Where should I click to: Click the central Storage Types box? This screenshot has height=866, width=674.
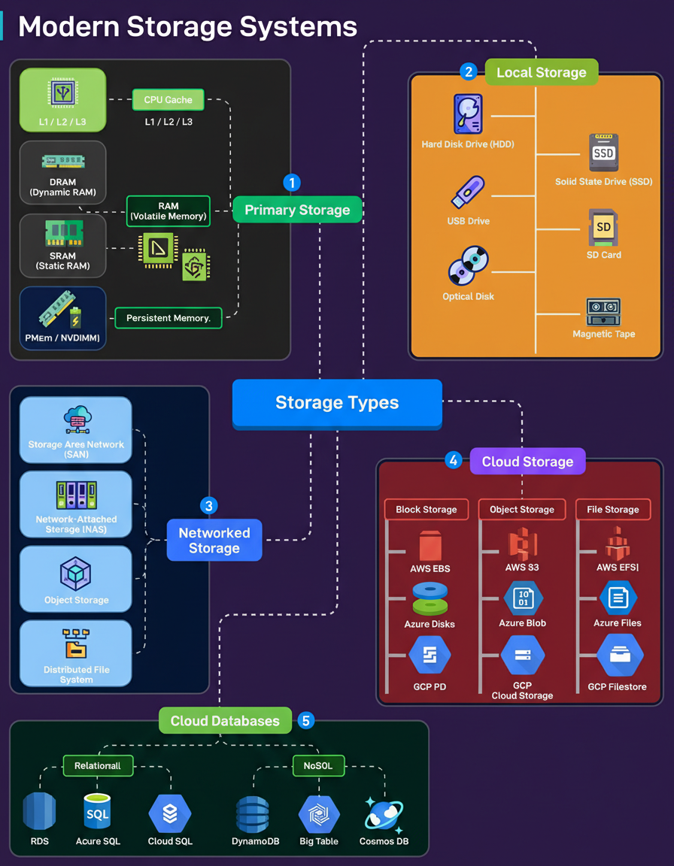336,403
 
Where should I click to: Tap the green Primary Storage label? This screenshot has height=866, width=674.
297,210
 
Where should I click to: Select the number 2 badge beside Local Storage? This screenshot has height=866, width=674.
469,72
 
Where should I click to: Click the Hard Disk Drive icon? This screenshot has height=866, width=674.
468,114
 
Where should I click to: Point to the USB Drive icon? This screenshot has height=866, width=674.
468,192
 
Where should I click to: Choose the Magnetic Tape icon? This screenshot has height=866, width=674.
603,311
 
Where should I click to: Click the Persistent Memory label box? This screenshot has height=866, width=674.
168,318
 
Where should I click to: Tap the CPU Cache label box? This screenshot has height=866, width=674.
168,100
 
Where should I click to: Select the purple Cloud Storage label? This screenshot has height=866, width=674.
527,462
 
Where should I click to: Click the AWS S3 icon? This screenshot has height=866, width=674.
522,543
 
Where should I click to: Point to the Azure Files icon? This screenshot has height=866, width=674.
618,598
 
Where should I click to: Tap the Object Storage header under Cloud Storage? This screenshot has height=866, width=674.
522,510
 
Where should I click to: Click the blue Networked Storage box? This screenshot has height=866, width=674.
214,540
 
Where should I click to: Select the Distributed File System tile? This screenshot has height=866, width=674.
76,653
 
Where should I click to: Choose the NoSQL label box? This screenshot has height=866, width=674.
318,766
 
